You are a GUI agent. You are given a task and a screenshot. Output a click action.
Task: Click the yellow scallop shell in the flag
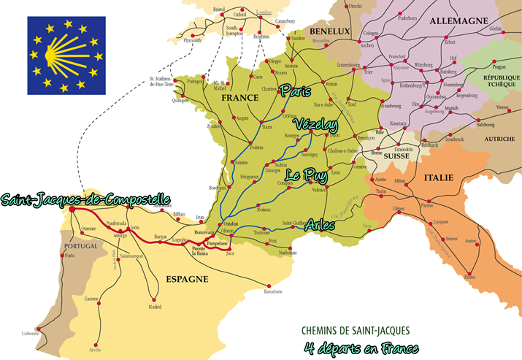click(x=64, y=54)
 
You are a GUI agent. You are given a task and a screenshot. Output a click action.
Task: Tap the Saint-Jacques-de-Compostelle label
click(x=85, y=199)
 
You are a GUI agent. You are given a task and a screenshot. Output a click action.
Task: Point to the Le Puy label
click(x=305, y=175)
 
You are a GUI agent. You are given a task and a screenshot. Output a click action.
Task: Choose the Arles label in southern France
click(x=320, y=225)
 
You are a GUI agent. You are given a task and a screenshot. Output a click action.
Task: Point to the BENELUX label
click(x=330, y=32)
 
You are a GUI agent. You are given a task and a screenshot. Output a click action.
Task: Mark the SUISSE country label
click(x=398, y=156)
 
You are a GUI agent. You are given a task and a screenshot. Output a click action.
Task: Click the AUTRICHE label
click(x=491, y=138)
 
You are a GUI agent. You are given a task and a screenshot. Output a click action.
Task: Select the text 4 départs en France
click(x=358, y=348)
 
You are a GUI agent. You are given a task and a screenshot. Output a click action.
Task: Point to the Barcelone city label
click(x=272, y=292)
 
